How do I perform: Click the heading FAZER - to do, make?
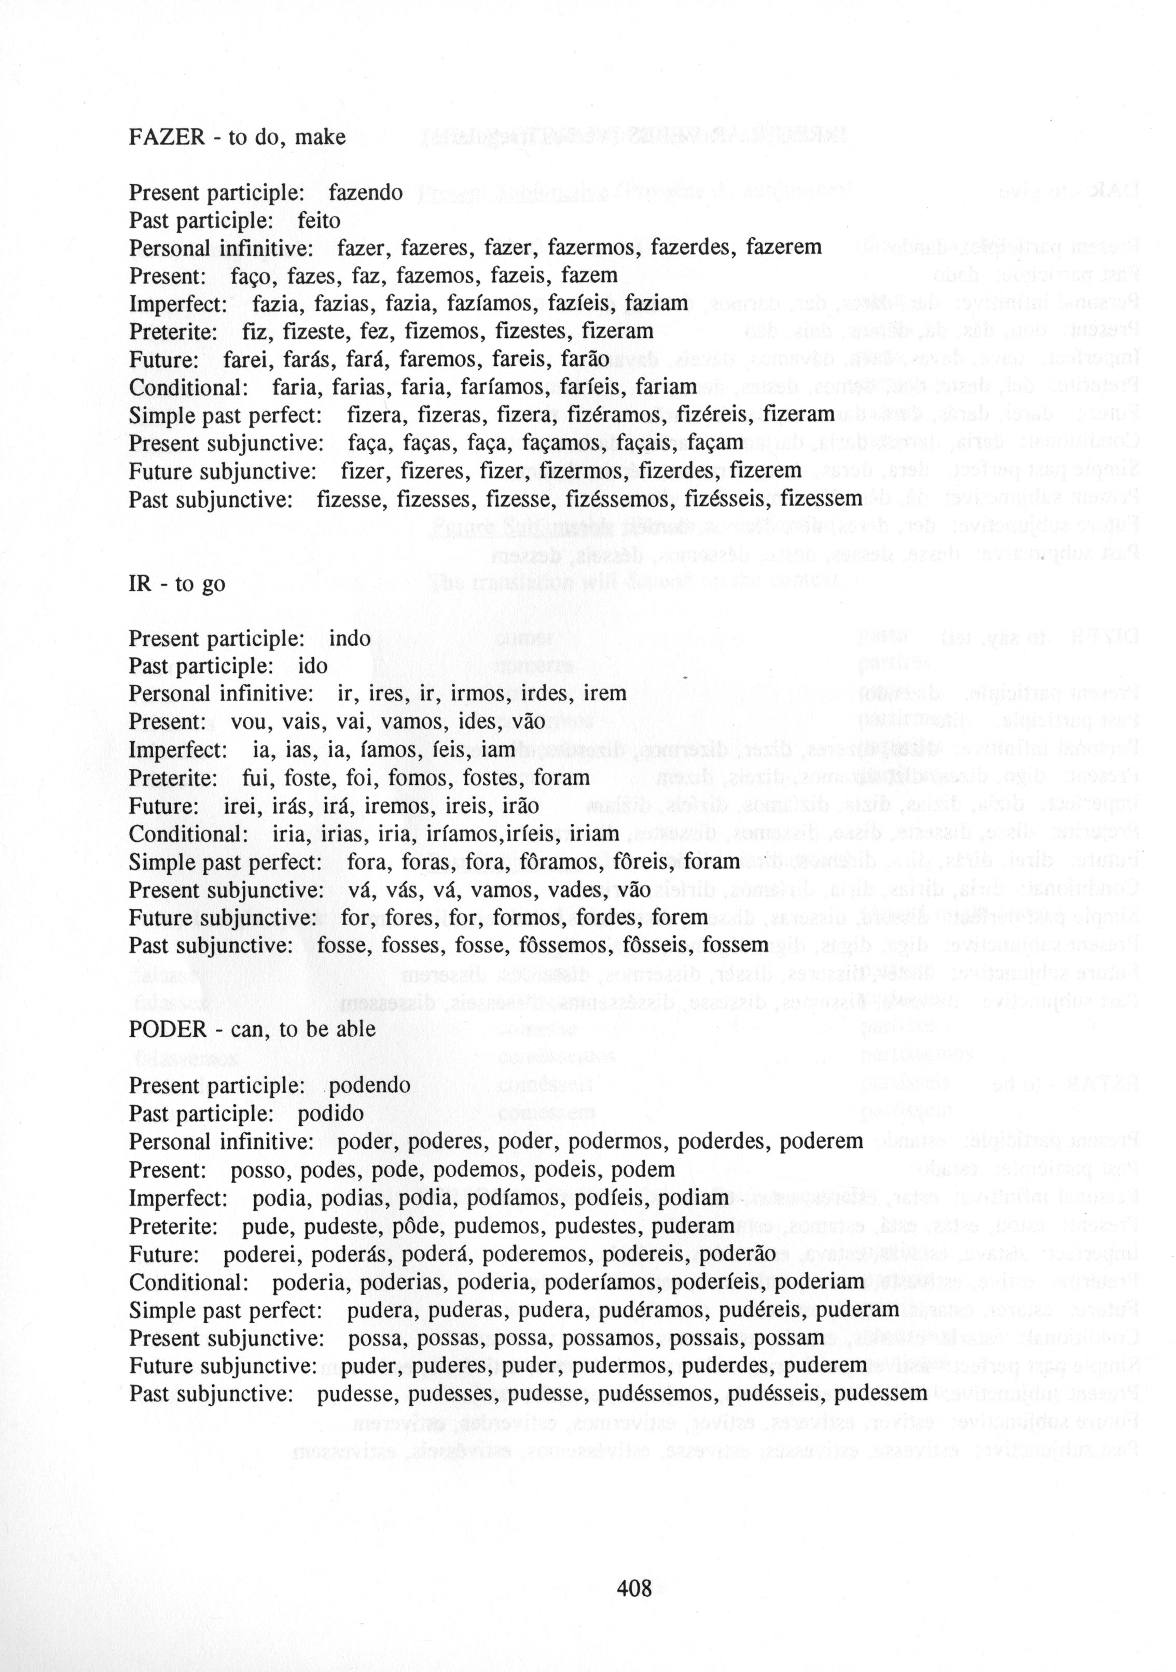(237, 137)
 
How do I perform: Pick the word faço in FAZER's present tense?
(251, 276)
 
